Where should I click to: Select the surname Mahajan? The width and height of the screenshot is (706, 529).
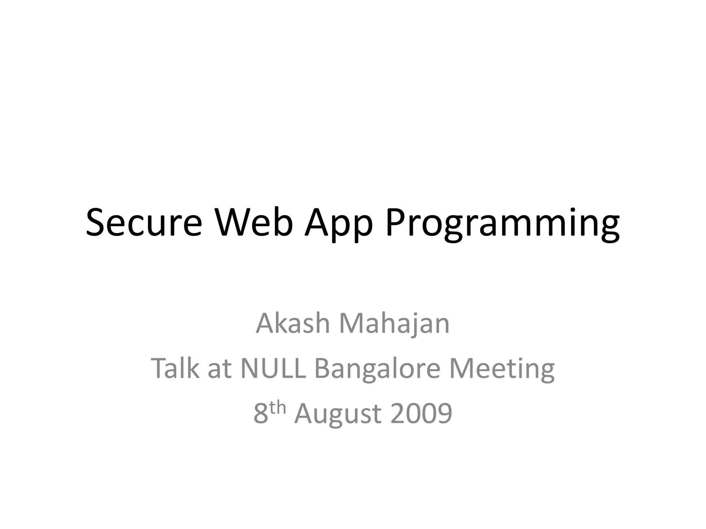394,324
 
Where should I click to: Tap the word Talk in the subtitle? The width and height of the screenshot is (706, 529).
175,368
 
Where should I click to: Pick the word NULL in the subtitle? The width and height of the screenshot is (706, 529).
273,368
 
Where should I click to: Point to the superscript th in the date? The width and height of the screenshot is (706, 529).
278,408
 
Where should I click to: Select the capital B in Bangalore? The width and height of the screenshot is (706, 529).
323,368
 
